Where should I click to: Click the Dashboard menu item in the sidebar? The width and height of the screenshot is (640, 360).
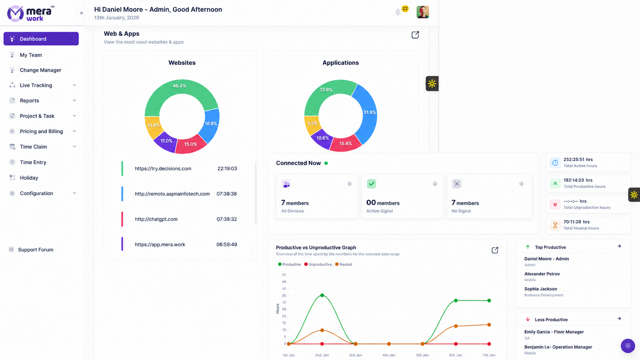[x=41, y=39]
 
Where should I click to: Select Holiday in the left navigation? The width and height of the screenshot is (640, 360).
[x=29, y=178]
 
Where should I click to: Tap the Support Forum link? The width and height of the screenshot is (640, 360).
[x=36, y=249]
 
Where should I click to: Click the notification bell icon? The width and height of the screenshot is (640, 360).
[x=398, y=12]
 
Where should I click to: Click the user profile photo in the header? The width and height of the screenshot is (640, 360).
[x=423, y=12]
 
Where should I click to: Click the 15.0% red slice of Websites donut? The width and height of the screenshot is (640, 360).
[x=191, y=145]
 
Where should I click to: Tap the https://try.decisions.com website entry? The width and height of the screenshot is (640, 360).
[x=163, y=168]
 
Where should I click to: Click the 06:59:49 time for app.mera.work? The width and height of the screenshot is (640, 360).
[x=227, y=244]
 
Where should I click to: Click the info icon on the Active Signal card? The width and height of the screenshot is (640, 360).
[x=435, y=184]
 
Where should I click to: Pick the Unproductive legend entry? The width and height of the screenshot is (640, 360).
[x=318, y=264]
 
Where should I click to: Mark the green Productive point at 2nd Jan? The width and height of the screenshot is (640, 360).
[x=322, y=295]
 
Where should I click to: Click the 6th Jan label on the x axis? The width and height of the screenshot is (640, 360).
[x=456, y=355]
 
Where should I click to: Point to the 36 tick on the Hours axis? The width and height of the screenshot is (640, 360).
[x=284, y=295]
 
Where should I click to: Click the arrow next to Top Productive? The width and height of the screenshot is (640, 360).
[x=619, y=246]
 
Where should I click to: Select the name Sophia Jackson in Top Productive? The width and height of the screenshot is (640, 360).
[x=540, y=289]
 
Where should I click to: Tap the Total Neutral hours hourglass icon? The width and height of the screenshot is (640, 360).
[x=555, y=225]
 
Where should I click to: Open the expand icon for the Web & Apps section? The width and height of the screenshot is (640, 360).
[x=415, y=35]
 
